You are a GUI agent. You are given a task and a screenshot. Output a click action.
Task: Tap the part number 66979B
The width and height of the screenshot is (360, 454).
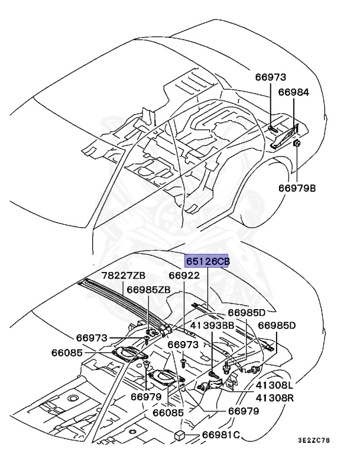(x=297, y=189)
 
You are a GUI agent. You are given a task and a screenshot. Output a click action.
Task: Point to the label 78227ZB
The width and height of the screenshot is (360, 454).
(x=123, y=275)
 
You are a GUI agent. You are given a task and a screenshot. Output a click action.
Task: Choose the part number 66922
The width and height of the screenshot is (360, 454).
(x=184, y=275)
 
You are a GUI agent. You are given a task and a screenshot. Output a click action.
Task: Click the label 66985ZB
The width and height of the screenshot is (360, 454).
(x=149, y=290)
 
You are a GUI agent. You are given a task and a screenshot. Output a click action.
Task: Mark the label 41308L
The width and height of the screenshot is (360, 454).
(x=277, y=385)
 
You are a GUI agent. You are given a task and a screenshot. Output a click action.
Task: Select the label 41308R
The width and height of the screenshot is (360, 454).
(x=277, y=398)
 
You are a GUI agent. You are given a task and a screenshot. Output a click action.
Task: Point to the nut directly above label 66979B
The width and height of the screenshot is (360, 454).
(x=297, y=142)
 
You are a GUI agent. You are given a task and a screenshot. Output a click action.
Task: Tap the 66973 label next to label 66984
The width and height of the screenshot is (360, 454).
(x=271, y=77)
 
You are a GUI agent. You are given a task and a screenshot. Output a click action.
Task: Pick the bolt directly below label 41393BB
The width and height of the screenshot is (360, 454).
(x=212, y=373)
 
